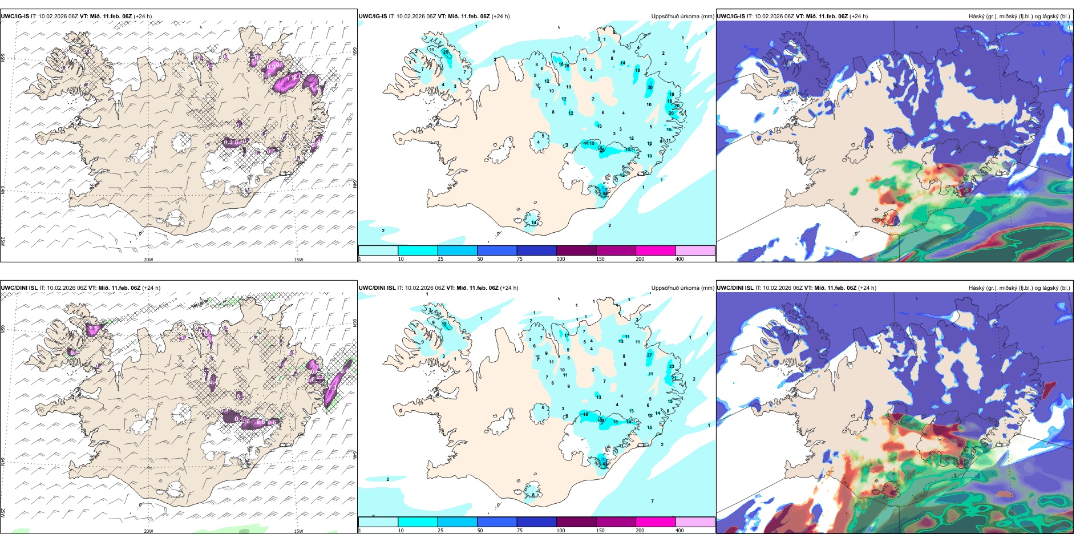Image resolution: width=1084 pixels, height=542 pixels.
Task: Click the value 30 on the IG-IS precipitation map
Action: (650, 87)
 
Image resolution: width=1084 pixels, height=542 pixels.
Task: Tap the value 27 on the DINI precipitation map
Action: (649, 355)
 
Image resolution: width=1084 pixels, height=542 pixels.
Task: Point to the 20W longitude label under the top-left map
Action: (148, 260)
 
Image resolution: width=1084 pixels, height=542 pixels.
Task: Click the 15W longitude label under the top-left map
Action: (298, 260)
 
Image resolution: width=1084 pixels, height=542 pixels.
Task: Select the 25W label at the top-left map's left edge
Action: (3, 241)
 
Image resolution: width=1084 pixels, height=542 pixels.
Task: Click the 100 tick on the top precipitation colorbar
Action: (561, 259)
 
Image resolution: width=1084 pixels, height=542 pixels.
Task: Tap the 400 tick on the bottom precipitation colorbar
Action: (679, 531)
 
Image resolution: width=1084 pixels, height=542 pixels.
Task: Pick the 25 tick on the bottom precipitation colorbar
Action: (440, 531)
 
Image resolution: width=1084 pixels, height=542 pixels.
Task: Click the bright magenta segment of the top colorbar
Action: (656, 250)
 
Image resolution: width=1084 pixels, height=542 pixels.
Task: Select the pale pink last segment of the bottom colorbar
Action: (695, 522)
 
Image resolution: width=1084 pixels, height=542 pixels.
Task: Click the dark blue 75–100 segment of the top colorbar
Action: (536, 250)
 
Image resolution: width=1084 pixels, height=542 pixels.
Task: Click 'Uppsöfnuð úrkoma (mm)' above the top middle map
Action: (682, 17)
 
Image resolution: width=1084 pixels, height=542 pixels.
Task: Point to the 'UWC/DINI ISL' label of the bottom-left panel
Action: (19, 288)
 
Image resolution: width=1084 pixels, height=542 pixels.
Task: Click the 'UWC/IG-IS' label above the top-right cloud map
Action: (731, 17)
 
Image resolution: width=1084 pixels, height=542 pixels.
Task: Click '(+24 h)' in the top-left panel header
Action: (143, 17)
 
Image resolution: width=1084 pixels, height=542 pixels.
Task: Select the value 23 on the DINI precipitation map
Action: (672, 367)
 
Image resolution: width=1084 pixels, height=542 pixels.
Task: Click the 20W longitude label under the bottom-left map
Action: (148, 531)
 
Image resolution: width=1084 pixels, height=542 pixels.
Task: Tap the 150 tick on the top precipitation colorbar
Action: (600, 259)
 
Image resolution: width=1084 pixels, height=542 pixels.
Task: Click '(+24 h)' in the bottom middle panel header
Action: (509, 288)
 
